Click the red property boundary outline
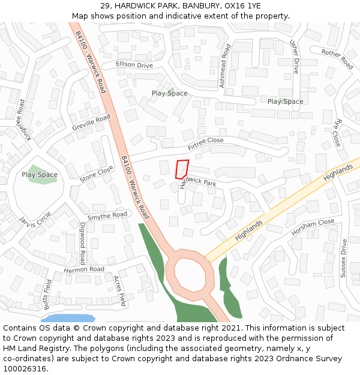pos(182,169)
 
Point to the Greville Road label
pos(91,123)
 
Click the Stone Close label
pos(97,174)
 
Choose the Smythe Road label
pos(107,215)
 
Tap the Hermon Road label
pos(84,269)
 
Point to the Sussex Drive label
pos(344,258)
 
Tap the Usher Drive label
pos(294,57)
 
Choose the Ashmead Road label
pos(224,66)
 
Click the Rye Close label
pos(338,133)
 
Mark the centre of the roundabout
pos(190,274)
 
